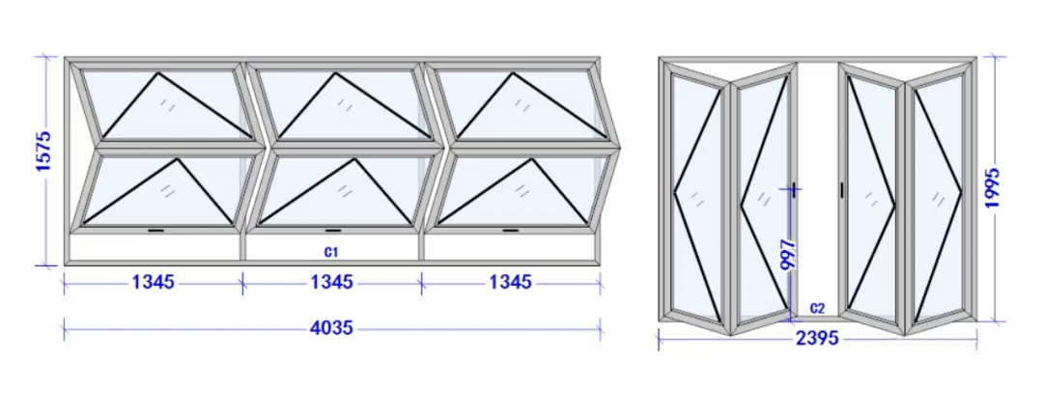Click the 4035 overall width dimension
click(331, 328)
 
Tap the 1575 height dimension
click(43, 151)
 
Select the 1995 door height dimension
click(992, 187)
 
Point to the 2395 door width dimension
click(817, 339)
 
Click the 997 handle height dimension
click(788, 255)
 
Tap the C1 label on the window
click(331, 252)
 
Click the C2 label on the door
click(818, 309)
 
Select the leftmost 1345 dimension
click(153, 283)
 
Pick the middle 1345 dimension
click(331, 283)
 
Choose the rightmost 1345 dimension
click(510, 283)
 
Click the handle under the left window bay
click(155, 231)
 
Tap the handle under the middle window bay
click(333, 231)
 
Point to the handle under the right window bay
click(511, 231)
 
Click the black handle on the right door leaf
click(842, 189)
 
